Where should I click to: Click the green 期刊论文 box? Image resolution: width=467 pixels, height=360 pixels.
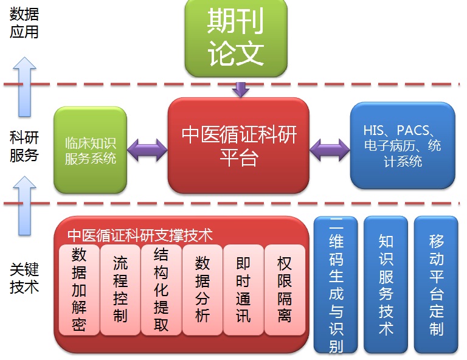click(237, 38)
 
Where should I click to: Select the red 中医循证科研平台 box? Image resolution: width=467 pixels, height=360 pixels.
click(238, 146)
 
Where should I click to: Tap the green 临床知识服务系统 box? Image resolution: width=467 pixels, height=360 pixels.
click(90, 150)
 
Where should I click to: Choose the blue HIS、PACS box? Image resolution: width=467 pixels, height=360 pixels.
click(402, 145)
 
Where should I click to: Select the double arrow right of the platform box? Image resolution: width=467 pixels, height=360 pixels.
click(330, 149)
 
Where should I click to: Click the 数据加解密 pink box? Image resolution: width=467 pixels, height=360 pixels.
click(79, 289)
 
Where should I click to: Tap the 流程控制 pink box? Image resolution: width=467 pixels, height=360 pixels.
click(120, 289)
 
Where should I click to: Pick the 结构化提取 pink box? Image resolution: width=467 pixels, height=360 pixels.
click(161, 289)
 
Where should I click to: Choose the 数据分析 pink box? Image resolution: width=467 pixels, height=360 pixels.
click(202, 289)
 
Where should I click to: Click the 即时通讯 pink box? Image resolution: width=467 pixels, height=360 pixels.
click(243, 289)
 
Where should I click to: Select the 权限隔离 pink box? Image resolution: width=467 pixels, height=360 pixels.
click(284, 289)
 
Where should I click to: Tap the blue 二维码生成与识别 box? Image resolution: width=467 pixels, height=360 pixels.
click(335, 285)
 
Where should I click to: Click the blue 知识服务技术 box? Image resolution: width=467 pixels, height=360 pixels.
click(386, 285)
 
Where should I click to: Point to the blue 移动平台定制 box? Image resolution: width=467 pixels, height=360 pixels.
click(436, 285)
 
